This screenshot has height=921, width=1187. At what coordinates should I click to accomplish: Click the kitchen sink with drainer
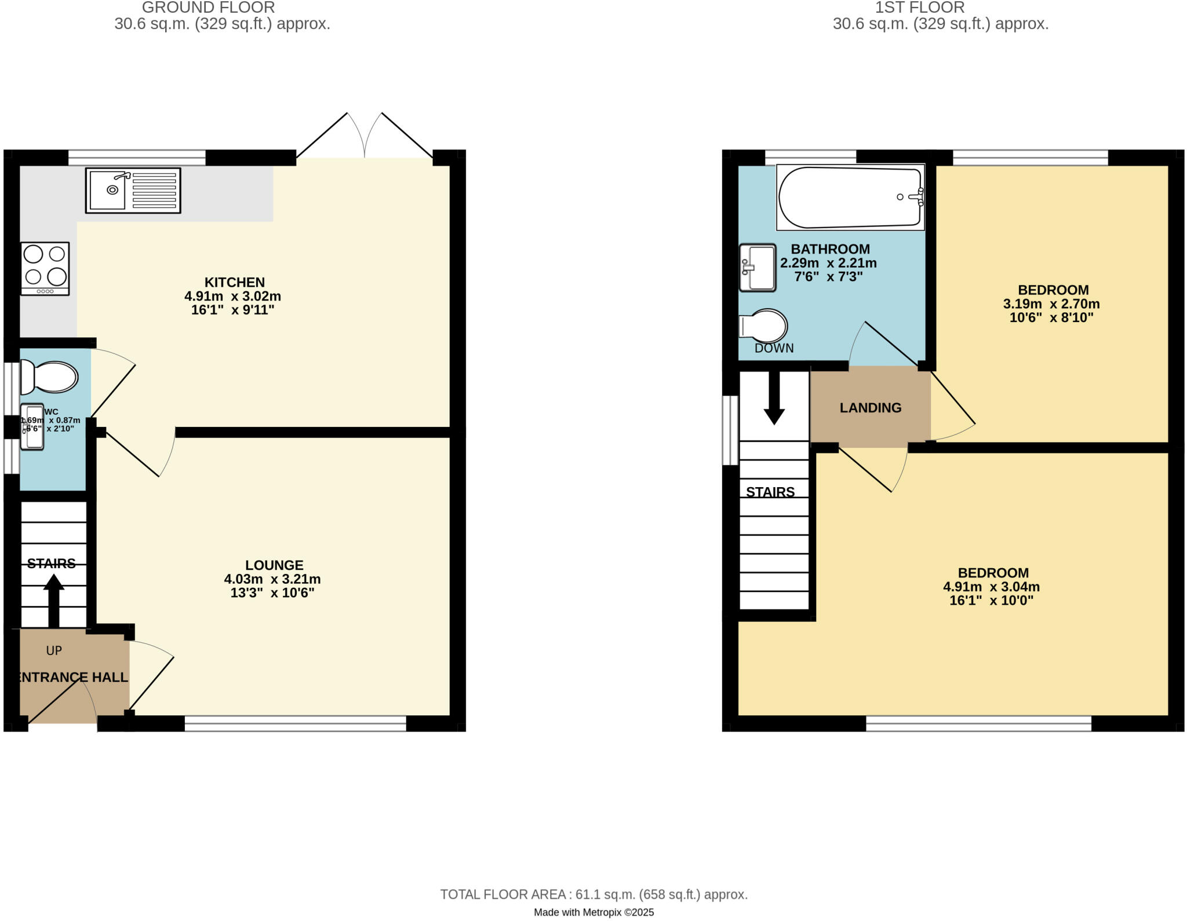(133, 190)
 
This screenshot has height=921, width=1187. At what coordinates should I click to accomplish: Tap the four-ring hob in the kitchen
(45, 268)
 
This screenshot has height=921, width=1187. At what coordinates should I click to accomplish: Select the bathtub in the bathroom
(850, 197)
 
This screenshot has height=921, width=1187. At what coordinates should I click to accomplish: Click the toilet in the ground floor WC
(49, 377)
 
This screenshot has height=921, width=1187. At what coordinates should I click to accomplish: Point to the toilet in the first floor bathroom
(764, 326)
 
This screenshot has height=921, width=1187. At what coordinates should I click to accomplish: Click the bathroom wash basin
(758, 267)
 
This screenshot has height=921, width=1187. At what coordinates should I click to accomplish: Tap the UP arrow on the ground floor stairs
(53, 600)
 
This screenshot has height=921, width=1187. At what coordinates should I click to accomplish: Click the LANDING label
(870, 408)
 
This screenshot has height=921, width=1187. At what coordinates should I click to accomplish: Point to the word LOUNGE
(274, 565)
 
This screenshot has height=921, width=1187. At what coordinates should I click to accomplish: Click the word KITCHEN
(234, 282)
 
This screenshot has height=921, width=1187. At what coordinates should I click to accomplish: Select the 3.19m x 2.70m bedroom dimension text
(1051, 304)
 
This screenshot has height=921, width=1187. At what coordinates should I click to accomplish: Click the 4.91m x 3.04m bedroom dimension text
(991, 586)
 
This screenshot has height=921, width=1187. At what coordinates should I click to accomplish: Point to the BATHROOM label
(830, 249)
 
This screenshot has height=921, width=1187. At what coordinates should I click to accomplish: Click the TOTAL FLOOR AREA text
(593, 894)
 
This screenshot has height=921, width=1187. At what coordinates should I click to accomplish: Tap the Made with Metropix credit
(593, 912)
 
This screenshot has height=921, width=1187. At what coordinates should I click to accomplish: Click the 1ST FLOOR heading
(919, 8)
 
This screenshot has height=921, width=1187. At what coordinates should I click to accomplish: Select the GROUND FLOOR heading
(208, 8)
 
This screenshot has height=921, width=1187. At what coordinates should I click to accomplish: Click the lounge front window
(295, 723)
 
